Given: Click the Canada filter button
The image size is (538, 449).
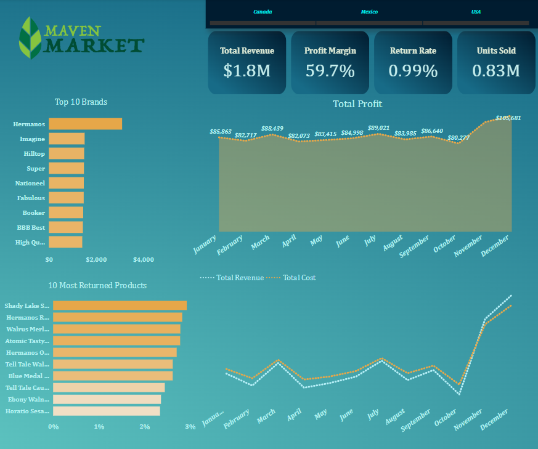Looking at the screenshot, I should [262, 12].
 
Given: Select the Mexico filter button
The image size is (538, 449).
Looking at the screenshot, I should [369, 12].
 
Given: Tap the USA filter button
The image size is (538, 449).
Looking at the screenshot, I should [476, 12].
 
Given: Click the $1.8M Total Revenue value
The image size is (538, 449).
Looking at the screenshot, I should [247, 71].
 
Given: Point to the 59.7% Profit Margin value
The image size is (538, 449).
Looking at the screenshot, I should [330, 71].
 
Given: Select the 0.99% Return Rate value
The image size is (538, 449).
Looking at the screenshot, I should [413, 71].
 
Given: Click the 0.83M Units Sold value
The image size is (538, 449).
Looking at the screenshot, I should [496, 71].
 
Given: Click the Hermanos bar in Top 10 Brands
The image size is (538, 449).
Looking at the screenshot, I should [85, 124].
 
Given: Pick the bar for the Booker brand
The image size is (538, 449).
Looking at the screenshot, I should [66, 212].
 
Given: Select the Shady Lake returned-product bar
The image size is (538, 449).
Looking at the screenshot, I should [120, 305].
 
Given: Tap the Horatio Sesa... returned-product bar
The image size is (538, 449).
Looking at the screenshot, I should [106, 411].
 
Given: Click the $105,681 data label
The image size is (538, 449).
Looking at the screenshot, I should [508, 118].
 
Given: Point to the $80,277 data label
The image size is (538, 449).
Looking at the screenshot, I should [459, 137].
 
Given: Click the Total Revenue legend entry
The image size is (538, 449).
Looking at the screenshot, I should [233, 278].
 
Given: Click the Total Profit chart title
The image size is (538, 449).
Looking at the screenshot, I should [357, 104].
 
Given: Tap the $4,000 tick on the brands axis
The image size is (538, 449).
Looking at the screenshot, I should [144, 260].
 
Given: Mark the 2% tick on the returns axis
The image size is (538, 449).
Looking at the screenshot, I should [144, 427].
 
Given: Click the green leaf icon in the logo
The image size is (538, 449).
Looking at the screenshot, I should [31, 37].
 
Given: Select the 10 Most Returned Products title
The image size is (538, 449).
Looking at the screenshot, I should [97, 285].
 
